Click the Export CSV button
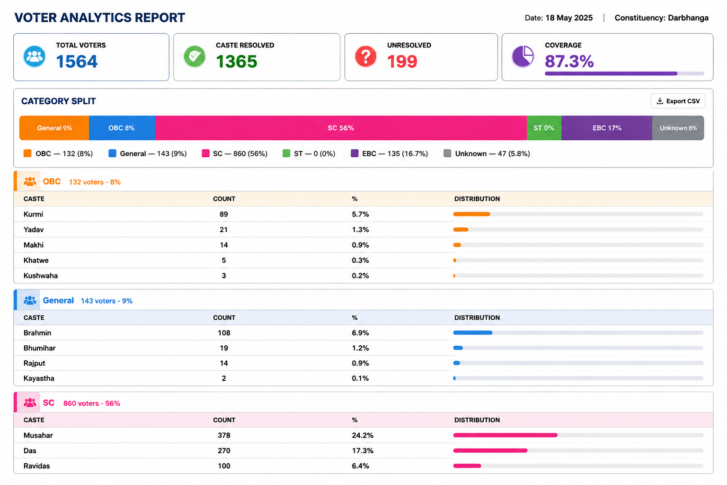click(678, 101)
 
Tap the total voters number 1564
click(77, 62)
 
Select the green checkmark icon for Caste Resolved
click(195, 56)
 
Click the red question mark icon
click(365, 56)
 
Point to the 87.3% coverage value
click(569, 62)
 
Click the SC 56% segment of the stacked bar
click(341, 128)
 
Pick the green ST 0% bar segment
click(544, 128)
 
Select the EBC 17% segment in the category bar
click(607, 128)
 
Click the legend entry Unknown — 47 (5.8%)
click(487, 153)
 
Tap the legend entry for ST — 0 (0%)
click(309, 153)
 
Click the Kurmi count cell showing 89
click(223, 215)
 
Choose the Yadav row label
click(34, 230)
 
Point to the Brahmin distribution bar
click(472, 332)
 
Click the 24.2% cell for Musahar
click(363, 435)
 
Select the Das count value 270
click(224, 450)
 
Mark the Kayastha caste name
click(39, 378)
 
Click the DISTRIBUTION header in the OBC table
click(477, 199)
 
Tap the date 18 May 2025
click(569, 18)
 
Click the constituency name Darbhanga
click(688, 18)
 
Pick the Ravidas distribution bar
click(467, 466)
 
